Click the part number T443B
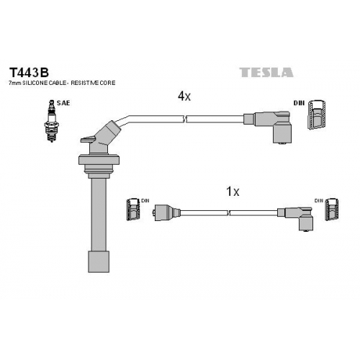[x=29, y=73]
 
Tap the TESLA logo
[x=266, y=73]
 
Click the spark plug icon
[x=51, y=121]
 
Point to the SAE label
[x=63, y=103]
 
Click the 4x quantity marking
[x=184, y=96]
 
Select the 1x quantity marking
[x=233, y=192]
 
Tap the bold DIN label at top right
[x=299, y=103]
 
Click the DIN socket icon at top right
[x=316, y=114]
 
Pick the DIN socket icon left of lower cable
[x=133, y=210]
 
